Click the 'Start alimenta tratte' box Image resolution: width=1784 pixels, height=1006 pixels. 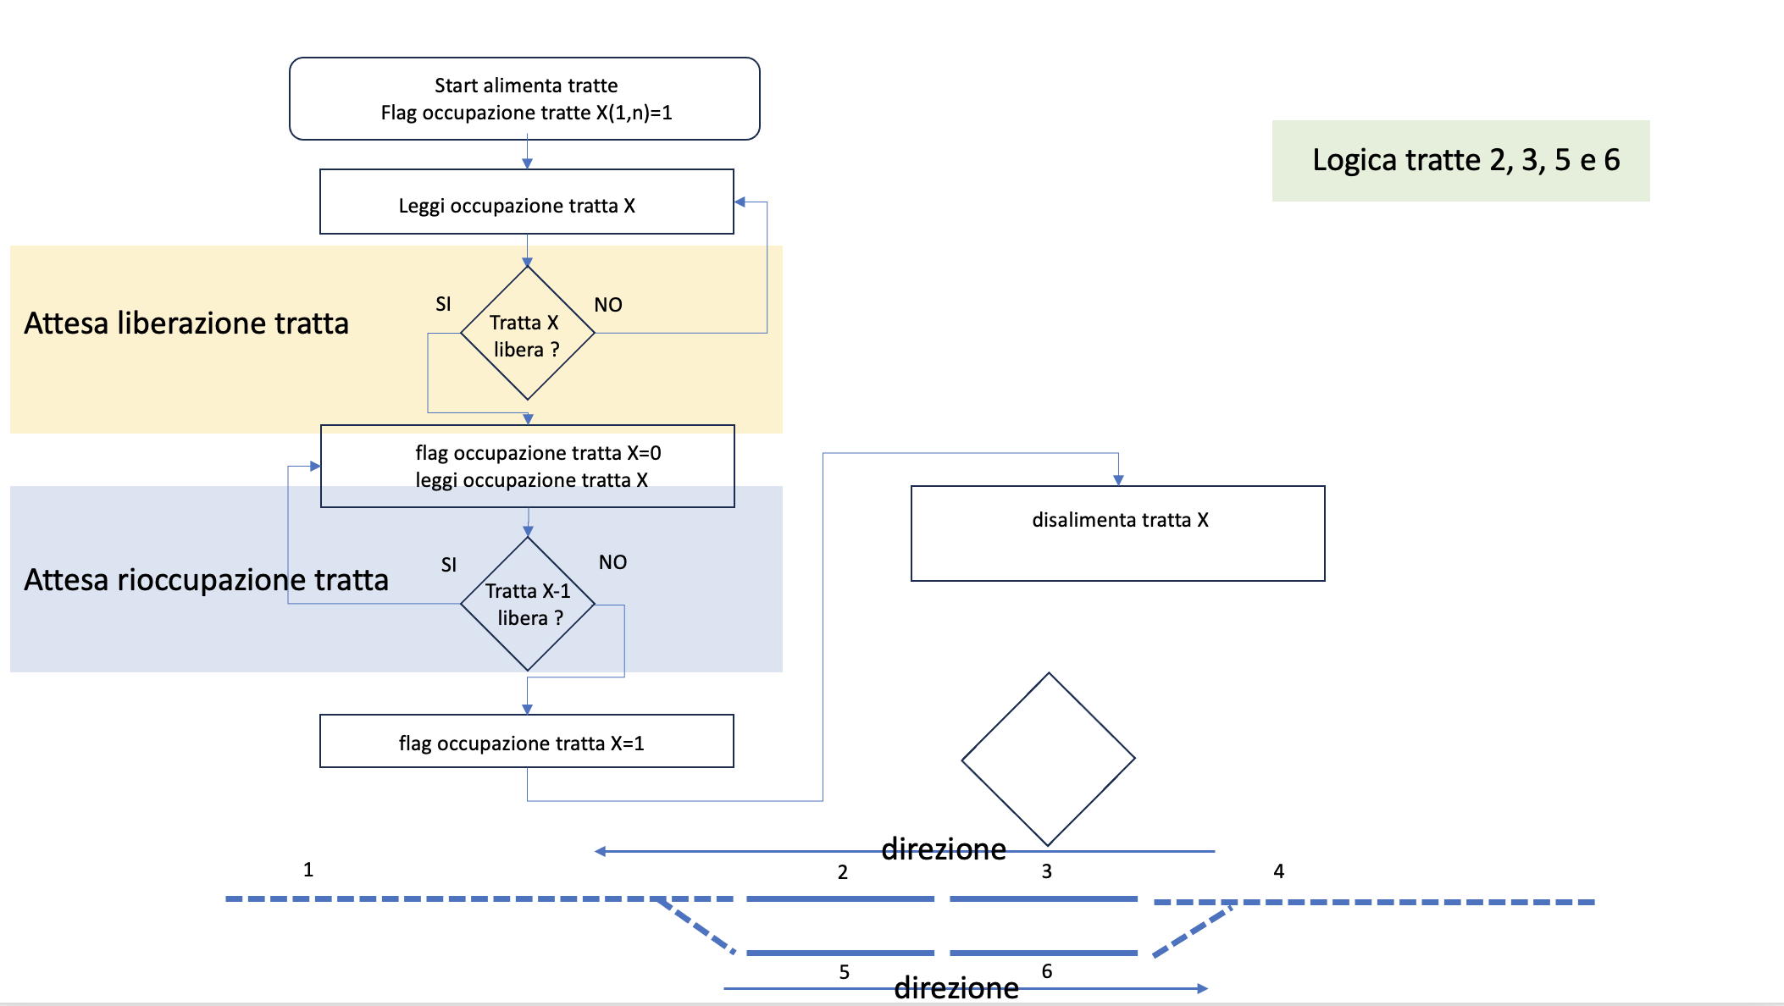524,99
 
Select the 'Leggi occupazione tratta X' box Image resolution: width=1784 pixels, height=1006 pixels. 526,202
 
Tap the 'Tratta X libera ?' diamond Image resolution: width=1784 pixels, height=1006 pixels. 527,334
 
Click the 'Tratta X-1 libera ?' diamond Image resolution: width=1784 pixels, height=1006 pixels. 527,604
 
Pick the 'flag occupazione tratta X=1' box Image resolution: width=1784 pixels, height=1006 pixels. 526,742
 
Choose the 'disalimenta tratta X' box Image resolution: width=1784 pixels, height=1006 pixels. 1117,533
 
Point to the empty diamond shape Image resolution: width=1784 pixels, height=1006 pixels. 1048,760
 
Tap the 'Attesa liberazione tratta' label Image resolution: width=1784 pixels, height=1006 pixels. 186,323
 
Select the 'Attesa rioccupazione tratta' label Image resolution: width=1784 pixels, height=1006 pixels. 206,580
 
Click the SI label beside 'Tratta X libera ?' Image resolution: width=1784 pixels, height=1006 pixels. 443,304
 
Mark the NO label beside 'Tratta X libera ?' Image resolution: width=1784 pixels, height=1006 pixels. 608,305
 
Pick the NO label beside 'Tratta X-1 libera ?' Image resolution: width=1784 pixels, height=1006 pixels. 612,562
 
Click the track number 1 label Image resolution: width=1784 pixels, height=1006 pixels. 308,870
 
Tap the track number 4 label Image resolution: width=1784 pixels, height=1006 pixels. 1279,871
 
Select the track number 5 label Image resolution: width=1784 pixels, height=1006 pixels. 845,972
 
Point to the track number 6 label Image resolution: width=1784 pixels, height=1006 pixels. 1047,971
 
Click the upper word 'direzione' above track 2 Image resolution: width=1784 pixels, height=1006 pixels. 944,848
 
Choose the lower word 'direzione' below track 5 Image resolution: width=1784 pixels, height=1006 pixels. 956,987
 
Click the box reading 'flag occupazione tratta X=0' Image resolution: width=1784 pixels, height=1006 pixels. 527,466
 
